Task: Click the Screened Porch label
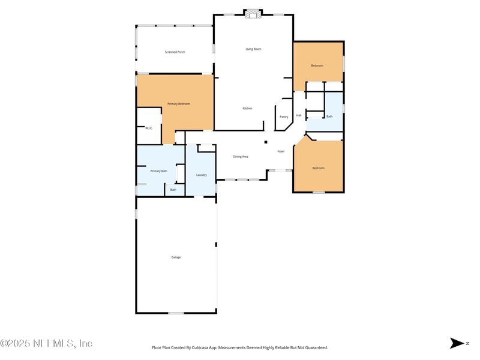[x=175, y=52]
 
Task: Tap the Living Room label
[x=253, y=49]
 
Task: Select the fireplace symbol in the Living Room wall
[x=253, y=13]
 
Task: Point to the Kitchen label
[x=247, y=109]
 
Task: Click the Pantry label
[x=284, y=116]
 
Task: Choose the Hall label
[x=299, y=115]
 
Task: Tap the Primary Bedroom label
[x=179, y=104]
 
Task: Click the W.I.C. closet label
[x=149, y=128]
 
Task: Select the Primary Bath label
[x=159, y=172]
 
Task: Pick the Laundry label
[x=202, y=175]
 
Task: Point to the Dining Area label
[x=241, y=157]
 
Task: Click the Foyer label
[x=281, y=151]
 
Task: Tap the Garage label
[x=176, y=257]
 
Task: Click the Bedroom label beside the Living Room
[x=317, y=65]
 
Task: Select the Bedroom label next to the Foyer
[x=318, y=168]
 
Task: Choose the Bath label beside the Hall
[x=329, y=116]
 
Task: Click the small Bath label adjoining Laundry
[x=173, y=190]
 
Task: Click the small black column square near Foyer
[x=266, y=142]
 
